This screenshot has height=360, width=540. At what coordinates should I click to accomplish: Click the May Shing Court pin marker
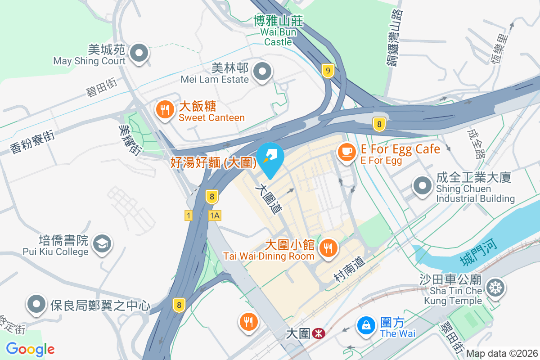[139, 54]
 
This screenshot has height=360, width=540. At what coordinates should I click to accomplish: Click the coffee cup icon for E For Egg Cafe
[346, 152]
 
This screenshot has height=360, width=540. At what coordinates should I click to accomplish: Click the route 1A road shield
[215, 216]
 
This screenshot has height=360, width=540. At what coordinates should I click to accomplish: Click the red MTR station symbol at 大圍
[319, 333]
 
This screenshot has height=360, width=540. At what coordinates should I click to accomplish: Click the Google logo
[30, 349]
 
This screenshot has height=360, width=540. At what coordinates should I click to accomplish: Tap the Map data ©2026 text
[501, 354]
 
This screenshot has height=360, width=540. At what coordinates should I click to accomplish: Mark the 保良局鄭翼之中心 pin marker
[37, 305]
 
